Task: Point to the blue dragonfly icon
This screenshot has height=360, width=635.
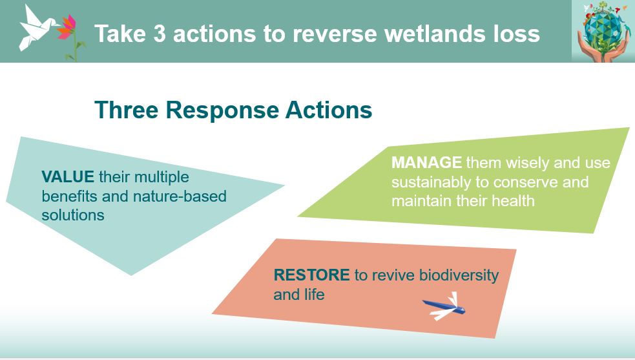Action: point(445,306)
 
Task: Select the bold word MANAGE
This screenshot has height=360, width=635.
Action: point(426,162)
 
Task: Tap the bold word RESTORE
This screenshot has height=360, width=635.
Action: point(311,275)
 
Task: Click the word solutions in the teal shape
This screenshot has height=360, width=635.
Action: point(73,215)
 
